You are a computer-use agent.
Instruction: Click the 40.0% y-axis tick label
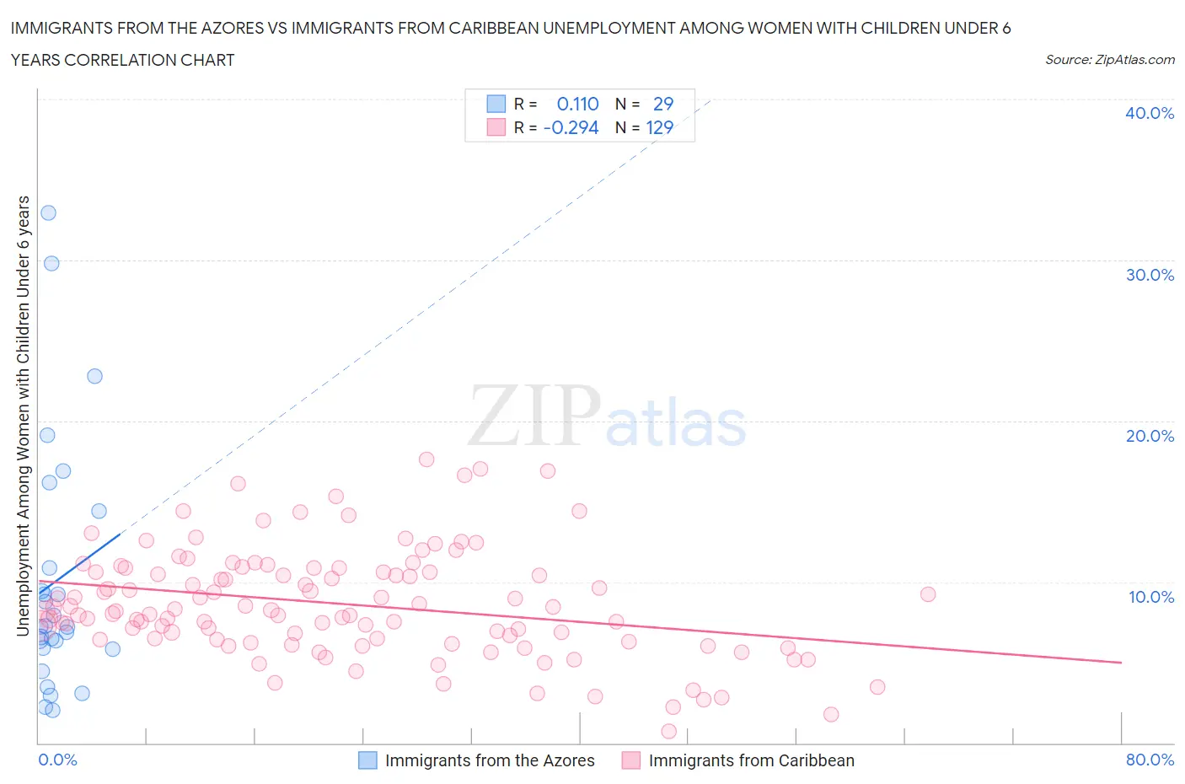point(1149,113)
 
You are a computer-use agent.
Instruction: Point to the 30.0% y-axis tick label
point(1149,275)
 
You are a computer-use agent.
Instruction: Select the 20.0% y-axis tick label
point(1149,436)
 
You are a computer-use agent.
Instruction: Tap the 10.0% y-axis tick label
point(1150,597)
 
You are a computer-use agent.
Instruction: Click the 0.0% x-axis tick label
point(57,760)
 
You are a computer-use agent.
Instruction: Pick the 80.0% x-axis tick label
point(1150,760)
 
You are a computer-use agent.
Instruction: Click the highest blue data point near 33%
point(48,212)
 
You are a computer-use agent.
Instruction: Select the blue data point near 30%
point(51,263)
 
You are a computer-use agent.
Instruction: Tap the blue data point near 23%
point(94,376)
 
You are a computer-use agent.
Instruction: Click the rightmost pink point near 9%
point(928,594)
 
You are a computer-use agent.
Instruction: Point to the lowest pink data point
point(669,731)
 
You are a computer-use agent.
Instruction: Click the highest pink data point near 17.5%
point(426,459)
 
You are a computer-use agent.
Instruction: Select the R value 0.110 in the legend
point(577,104)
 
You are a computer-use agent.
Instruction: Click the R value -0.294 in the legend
point(571,127)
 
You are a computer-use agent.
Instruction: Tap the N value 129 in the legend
point(659,127)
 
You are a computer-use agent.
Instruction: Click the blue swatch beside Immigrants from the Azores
point(368,760)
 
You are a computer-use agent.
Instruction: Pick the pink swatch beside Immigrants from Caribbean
point(631,760)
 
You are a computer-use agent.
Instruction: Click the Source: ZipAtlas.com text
point(1109,60)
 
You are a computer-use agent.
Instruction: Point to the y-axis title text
point(23,416)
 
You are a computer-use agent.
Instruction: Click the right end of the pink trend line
point(1121,663)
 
